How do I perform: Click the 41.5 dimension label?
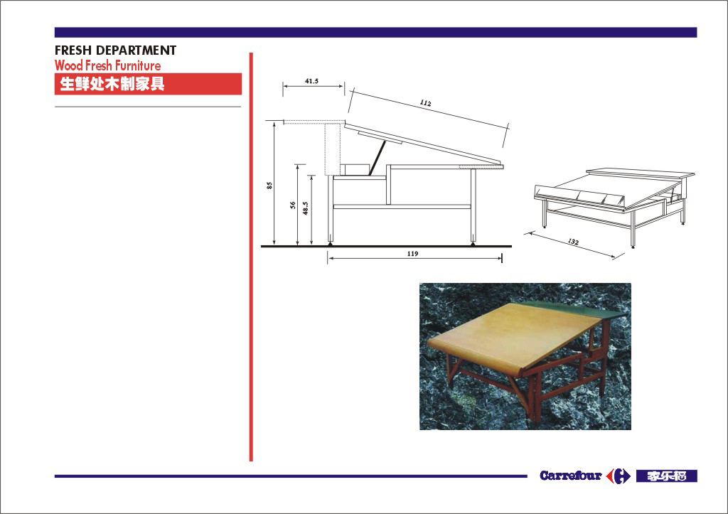(311, 81)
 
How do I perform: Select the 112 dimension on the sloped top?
(425, 102)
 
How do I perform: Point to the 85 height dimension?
(269, 185)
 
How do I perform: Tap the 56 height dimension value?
(293, 205)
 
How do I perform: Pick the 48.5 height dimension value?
(305, 208)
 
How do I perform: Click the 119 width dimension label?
(412, 254)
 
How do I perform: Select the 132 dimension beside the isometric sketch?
(574, 242)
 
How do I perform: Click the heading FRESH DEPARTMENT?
(116, 50)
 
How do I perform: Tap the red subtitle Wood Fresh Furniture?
(108, 65)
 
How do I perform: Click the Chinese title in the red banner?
(112, 84)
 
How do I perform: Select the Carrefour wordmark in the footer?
(571, 476)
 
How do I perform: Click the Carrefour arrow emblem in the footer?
(619, 476)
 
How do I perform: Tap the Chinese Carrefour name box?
(667, 476)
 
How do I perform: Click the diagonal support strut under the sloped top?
(378, 158)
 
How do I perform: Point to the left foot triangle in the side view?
(330, 243)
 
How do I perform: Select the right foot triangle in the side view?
(473, 243)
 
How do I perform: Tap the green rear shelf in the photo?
(580, 309)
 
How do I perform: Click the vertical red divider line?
(251, 257)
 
